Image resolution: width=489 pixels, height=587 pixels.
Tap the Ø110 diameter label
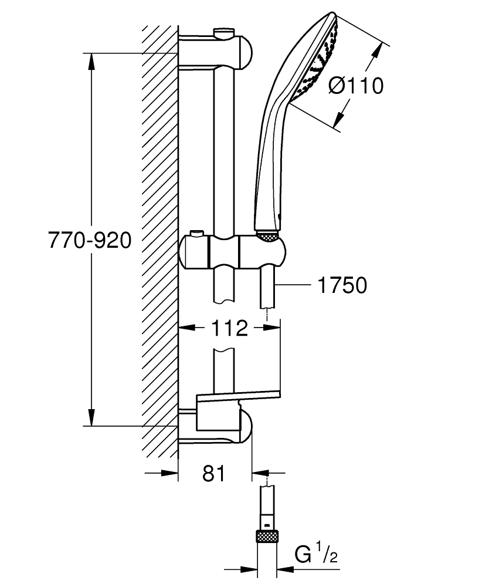coord(356,86)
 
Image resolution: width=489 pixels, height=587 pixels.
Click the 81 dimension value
coord(214,473)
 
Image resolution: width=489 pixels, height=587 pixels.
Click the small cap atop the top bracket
coord(223,31)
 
